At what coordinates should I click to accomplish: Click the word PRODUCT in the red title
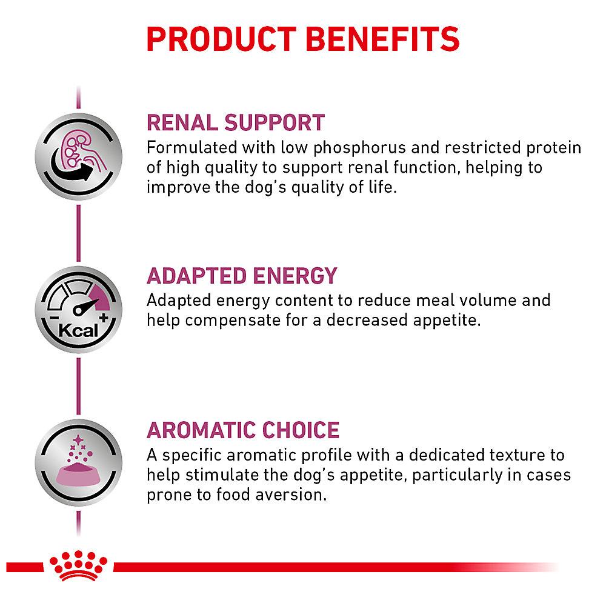(221, 39)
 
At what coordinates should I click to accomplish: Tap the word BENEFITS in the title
(382, 39)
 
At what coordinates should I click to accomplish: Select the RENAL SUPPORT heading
(236, 123)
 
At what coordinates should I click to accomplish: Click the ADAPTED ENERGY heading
(242, 276)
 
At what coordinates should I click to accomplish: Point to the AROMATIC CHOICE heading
(243, 430)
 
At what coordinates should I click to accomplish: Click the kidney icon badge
(78, 156)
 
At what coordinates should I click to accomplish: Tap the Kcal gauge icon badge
(78, 310)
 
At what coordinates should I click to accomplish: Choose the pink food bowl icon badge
(78, 462)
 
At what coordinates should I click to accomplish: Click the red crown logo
(78, 565)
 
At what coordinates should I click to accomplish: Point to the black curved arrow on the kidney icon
(73, 170)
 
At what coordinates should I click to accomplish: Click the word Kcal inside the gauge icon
(78, 331)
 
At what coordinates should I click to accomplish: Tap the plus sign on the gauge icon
(104, 318)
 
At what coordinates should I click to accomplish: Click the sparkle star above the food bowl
(78, 440)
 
